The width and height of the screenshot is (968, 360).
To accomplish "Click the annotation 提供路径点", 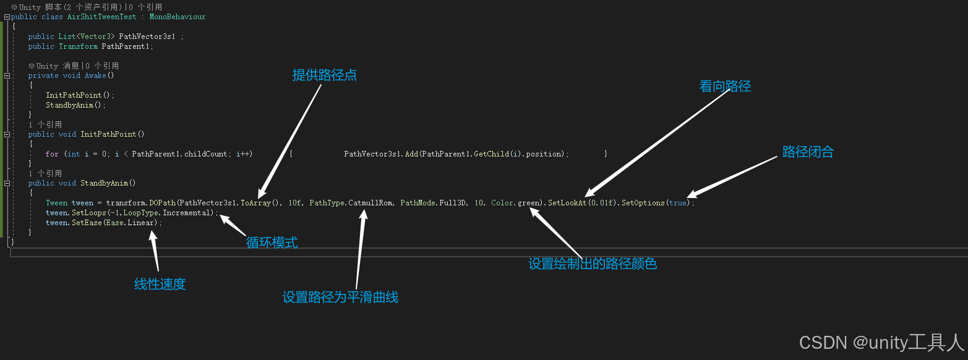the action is coord(325,75).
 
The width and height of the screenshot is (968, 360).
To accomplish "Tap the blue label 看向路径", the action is coord(725,87).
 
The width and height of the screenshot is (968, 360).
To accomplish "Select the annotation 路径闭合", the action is coord(808,152).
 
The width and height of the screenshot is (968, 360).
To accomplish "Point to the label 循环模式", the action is coord(272,243).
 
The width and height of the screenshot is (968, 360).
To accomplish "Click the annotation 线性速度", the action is coord(160,285).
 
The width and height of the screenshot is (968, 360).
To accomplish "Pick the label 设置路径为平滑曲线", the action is coord(340,298).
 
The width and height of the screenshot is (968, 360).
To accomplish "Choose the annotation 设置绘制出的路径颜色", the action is coord(592,264).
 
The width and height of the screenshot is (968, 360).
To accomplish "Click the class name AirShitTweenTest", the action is coord(101,17).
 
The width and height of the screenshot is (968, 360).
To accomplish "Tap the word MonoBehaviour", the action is coord(178,17).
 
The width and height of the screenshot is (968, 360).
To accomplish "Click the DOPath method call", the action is coord(163,203).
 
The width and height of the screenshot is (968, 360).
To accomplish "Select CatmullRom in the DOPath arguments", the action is coord(370,203).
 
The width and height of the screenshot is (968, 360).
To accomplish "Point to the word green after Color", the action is coord(529,203).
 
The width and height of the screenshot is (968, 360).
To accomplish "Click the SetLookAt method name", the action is coord(567,203).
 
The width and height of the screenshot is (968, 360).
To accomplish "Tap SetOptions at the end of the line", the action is coord(643,203).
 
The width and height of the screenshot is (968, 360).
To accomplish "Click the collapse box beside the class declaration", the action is coord(7,17).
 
